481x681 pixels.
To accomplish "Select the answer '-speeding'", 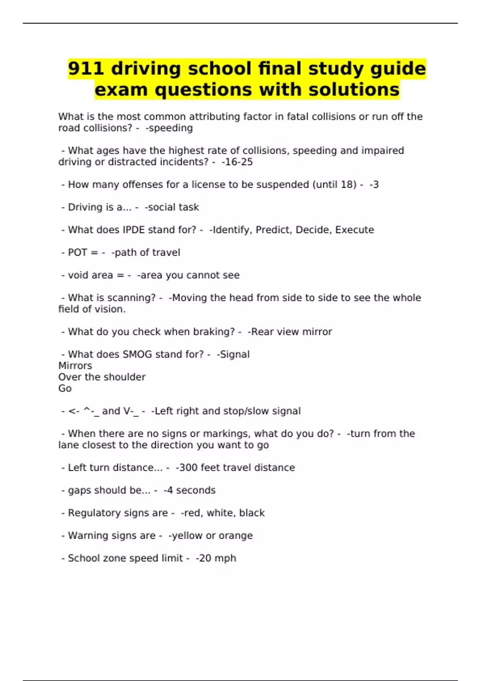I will (x=169, y=128).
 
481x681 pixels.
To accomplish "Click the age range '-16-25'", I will (x=237, y=162).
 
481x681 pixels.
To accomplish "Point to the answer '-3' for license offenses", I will (x=374, y=185).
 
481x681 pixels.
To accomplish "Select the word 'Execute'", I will (x=354, y=230).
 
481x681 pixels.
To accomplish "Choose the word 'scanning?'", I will (x=131, y=298).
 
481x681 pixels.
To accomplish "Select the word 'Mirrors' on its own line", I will (x=75, y=366).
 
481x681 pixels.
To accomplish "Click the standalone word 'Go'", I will (x=65, y=389).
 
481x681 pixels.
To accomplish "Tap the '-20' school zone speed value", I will (x=204, y=558).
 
